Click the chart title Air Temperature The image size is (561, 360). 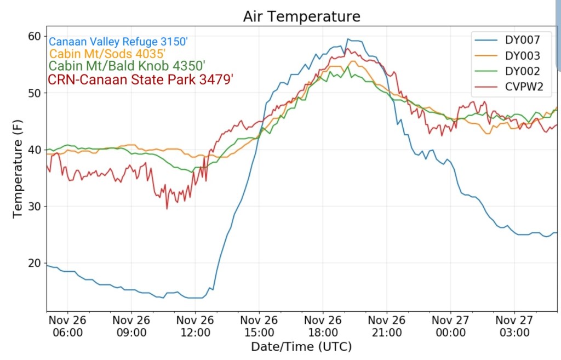tap(302, 17)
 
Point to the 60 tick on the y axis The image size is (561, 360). tap(35, 36)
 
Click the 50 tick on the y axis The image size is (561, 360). tap(35, 93)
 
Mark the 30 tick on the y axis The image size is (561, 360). tap(35, 207)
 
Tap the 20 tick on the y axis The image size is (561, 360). tap(35, 264)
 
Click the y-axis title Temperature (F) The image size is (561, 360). tap(18, 173)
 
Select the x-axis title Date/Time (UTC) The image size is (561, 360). tap(301, 347)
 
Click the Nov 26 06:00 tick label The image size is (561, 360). tap(68, 326)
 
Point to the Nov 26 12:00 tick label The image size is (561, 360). tap(196, 326)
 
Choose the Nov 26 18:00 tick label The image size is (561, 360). tap(323, 326)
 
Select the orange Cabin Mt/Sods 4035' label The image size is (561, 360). tap(107, 54)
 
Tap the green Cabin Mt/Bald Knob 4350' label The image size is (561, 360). tap(127, 66)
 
